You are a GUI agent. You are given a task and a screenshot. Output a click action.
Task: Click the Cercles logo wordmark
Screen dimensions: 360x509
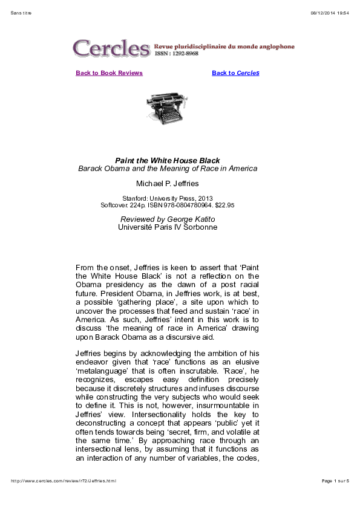click(x=111, y=47)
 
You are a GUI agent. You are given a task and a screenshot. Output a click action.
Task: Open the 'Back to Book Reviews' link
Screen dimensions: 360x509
click(x=109, y=73)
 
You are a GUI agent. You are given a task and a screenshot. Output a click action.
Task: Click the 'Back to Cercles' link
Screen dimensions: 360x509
click(x=235, y=73)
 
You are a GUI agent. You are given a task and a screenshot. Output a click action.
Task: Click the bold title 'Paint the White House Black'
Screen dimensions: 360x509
click(x=168, y=160)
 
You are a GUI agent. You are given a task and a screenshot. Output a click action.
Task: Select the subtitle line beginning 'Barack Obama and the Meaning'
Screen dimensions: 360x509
click(x=168, y=168)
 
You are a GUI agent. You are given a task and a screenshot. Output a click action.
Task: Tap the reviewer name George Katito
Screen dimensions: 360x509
click(x=194, y=219)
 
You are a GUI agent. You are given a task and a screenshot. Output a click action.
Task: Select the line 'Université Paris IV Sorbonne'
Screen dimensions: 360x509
click(x=168, y=227)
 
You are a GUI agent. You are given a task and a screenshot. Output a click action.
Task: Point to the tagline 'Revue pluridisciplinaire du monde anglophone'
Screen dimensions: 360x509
click(x=224, y=46)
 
